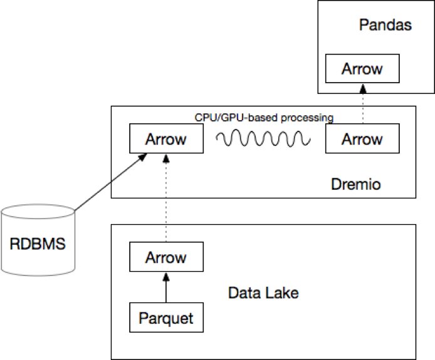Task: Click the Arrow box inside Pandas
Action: [362, 69]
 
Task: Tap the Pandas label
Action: [385, 26]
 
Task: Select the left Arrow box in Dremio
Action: [165, 139]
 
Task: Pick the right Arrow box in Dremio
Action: [363, 139]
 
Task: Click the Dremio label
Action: [355, 185]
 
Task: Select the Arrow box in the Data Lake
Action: [165, 257]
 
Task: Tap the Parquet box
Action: [165, 317]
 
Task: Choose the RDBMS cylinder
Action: [38, 241]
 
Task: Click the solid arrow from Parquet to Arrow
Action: [165, 287]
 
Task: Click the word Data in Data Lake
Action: [243, 293]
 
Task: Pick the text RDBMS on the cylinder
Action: [38, 243]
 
